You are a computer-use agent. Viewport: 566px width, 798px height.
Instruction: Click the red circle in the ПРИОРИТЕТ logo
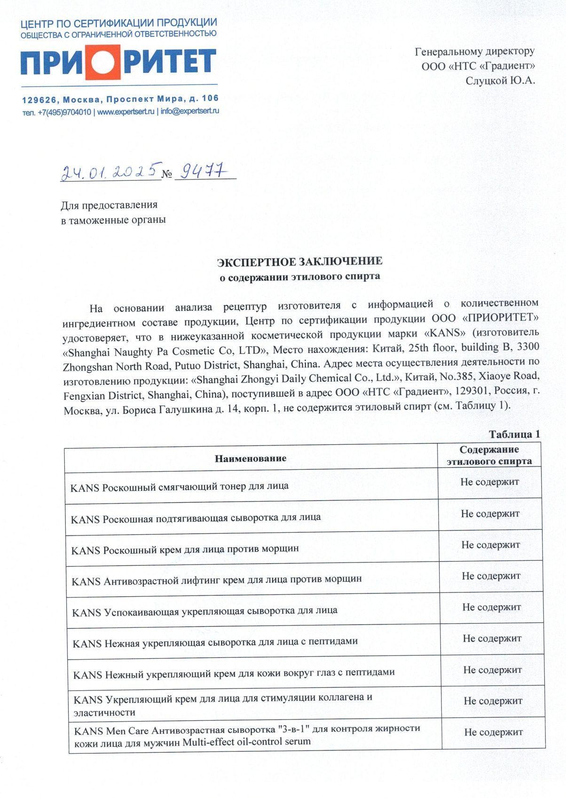(104, 62)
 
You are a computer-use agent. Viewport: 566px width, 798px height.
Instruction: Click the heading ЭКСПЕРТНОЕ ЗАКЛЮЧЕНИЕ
(299, 261)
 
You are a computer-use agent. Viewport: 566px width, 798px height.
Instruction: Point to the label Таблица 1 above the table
(514, 434)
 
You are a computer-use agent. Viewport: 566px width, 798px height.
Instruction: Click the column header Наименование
(251, 458)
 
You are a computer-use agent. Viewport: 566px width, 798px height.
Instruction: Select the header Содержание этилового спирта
(489, 455)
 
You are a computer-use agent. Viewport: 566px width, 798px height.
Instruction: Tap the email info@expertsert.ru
(190, 111)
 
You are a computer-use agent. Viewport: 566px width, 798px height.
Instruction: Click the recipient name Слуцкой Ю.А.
(500, 80)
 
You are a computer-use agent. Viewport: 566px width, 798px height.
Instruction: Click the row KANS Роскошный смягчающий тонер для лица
(179, 486)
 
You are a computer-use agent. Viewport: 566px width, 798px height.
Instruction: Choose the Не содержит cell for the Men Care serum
(494, 732)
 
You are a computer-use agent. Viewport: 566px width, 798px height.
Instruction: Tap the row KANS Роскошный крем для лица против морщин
(185, 549)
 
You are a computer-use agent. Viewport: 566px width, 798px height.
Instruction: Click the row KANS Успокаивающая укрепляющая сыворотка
(204, 611)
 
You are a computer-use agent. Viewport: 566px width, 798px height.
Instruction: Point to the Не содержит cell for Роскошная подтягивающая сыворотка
(490, 513)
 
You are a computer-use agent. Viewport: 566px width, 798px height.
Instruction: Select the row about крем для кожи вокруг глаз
(234, 673)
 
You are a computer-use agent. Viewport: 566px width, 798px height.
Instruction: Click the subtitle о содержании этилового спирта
(300, 276)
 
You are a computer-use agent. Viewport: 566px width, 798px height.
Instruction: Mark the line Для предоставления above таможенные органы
(109, 205)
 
